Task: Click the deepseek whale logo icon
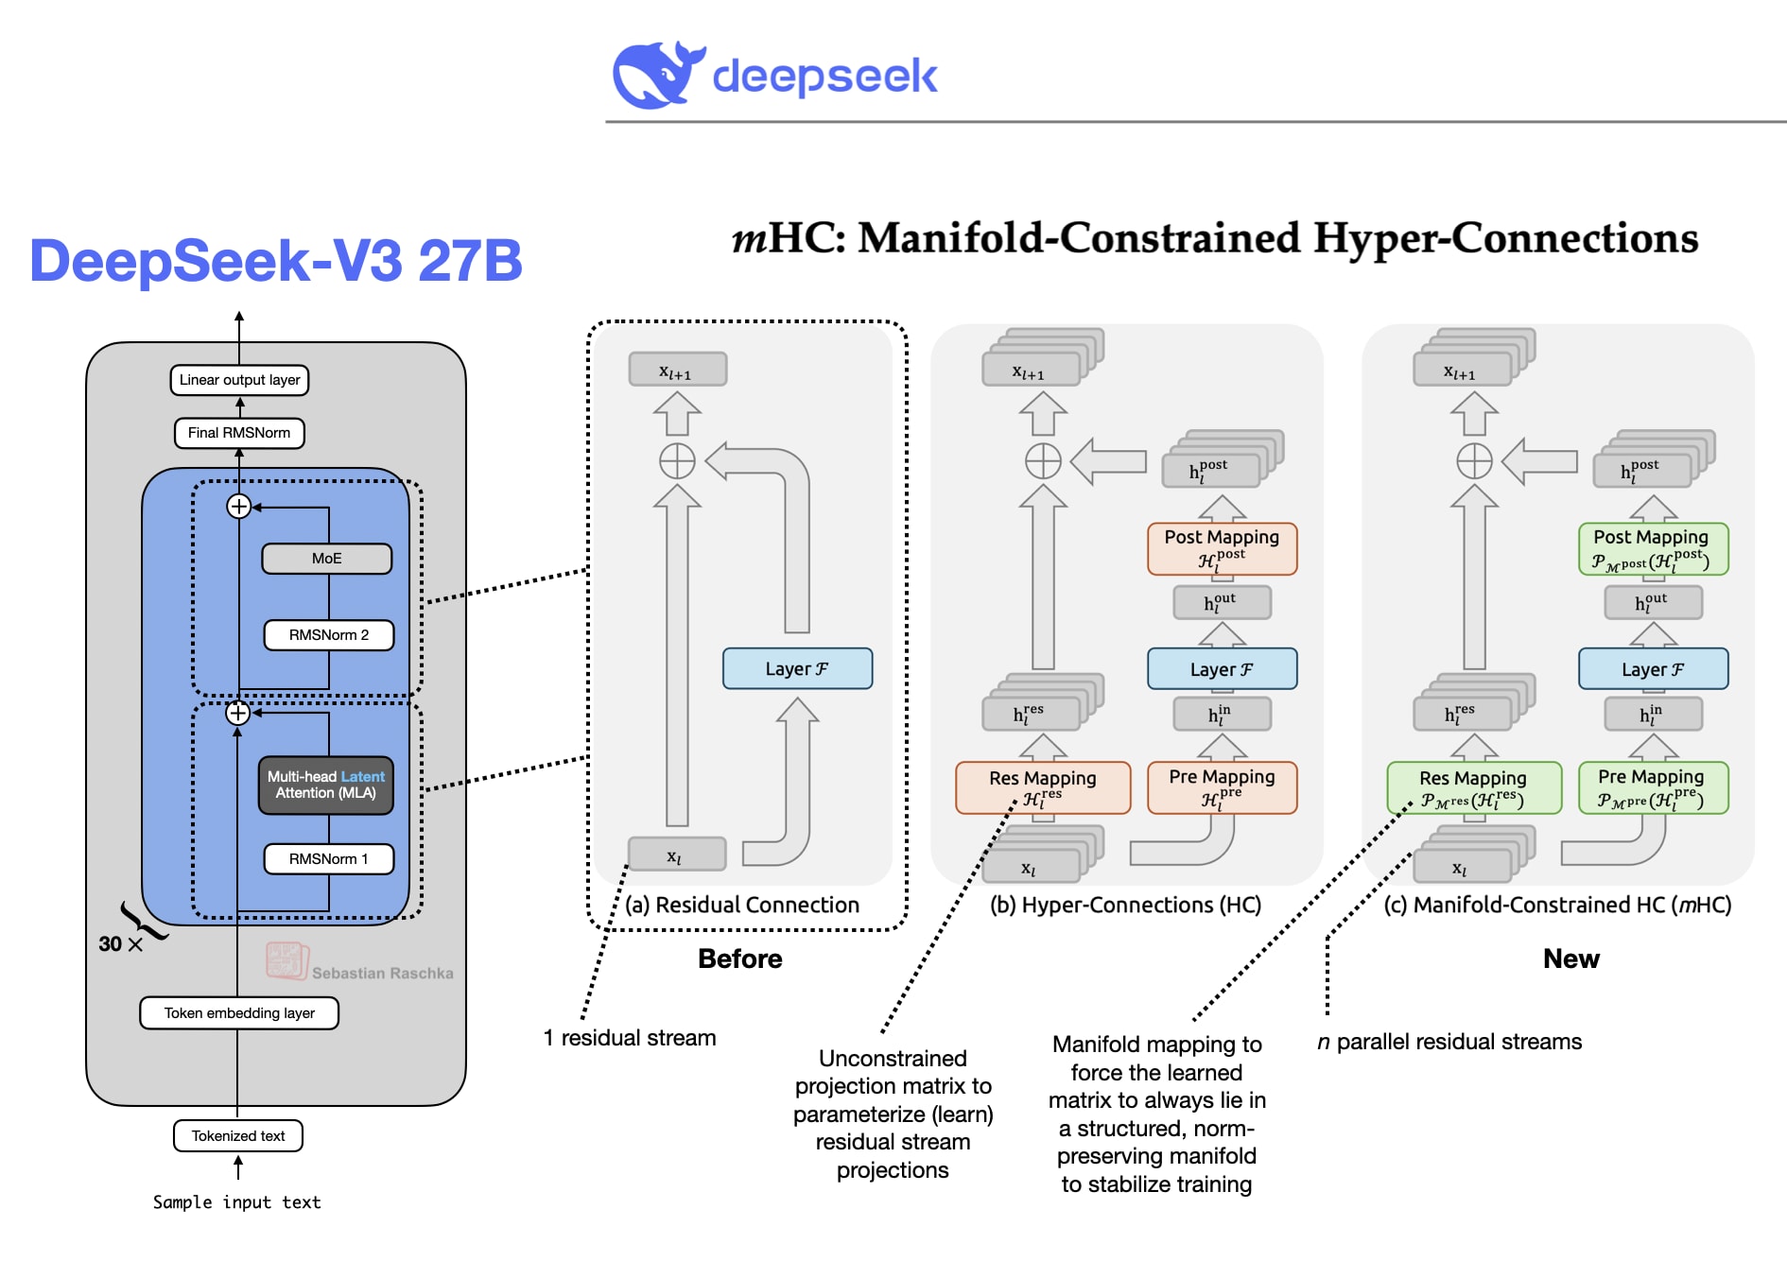tap(657, 75)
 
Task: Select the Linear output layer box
tap(239, 380)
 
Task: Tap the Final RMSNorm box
tap(239, 433)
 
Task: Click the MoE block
tap(326, 559)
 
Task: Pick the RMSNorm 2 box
tap(328, 635)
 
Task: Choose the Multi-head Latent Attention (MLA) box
tap(326, 786)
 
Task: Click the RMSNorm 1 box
tap(328, 859)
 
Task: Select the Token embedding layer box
tap(239, 1013)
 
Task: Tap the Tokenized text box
tap(238, 1136)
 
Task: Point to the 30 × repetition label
tap(120, 943)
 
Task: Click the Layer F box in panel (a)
tap(797, 669)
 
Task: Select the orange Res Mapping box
tap(1043, 787)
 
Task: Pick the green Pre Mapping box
tap(1653, 787)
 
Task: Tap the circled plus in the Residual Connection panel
tap(677, 461)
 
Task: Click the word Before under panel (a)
tap(739, 958)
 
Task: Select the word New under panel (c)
tap(1570, 958)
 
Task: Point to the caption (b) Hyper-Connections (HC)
tap(1125, 905)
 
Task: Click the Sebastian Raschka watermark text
tap(382, 973)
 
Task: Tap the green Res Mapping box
tap(1473, 787)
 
